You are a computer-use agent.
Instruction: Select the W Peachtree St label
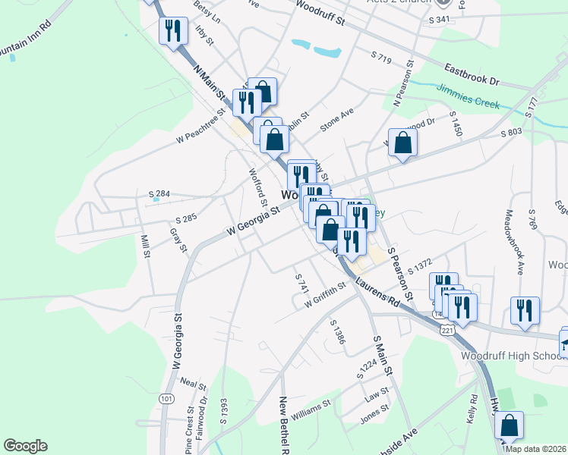pyautogui.click(x=200, y=126)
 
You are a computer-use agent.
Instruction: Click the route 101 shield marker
pyautogui.click(x=167, y=398)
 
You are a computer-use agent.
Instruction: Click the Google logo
pyautogui.click(x=26, y=445)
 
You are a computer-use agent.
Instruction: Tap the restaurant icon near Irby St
pyautogui.click(x=174, y=31)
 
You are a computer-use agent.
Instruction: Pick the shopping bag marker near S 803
pyautogui.click(x=402, y=143)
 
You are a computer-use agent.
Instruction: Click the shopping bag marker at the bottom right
pyautogui.click(x=511, y=425)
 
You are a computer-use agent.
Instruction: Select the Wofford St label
pyautogui.click(x=257, y=186)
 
